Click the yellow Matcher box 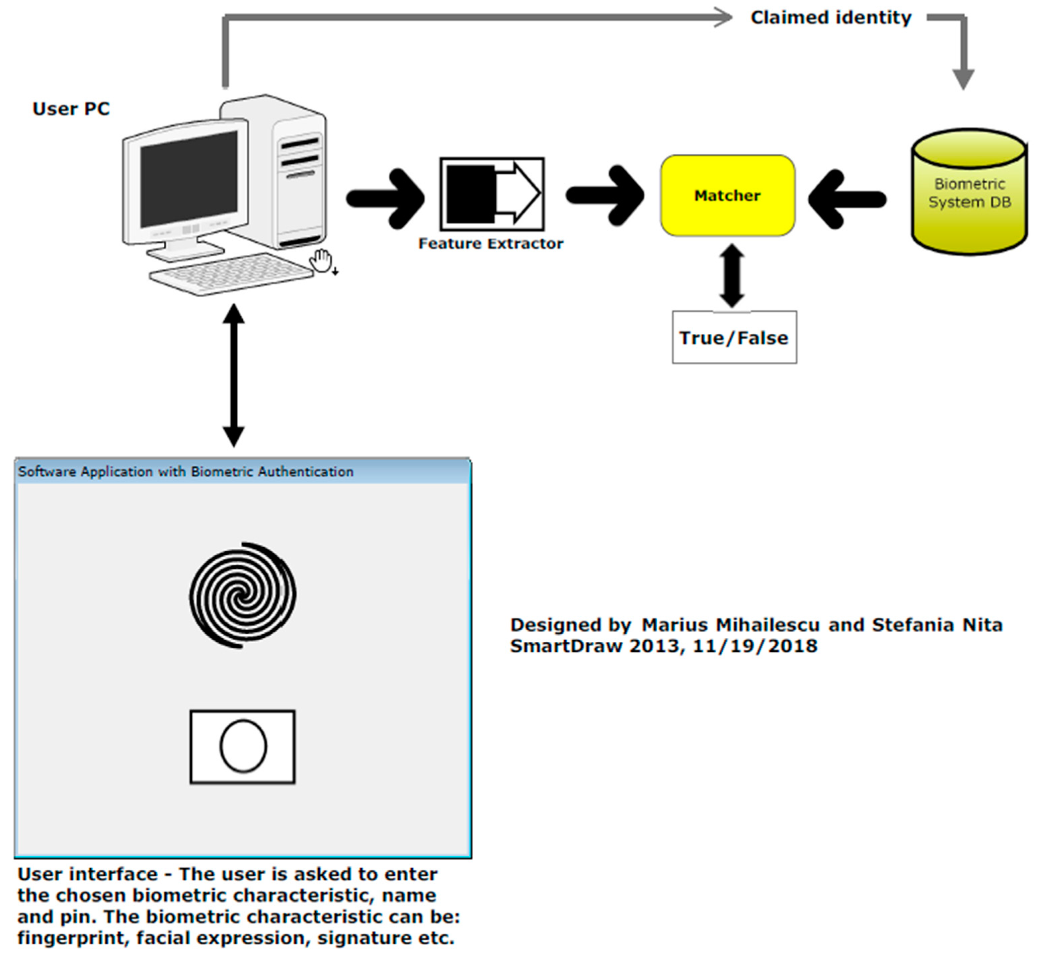tap(727, 195)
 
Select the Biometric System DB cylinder tap(968, 192)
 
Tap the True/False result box tap(734, 338)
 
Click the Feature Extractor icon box tap(491, 194)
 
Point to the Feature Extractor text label tap(490, 244)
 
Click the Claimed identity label tap(831, 18)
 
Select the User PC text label tap(71, 109)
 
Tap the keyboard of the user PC tap(232, 274)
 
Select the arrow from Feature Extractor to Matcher tap(605, 195)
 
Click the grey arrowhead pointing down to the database tap(963, 78)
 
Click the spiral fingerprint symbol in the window tap(242, 595)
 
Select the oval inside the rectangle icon tap(243, 746)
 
